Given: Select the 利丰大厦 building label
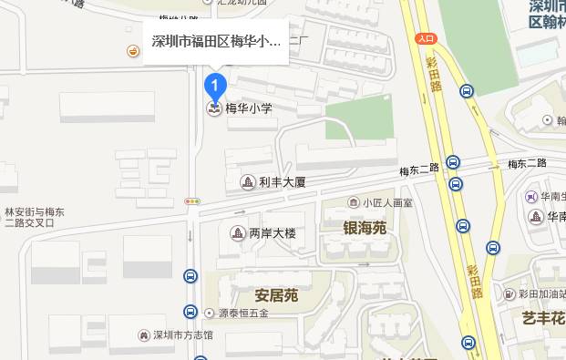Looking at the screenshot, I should pos(282,182).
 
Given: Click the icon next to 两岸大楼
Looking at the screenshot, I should pos(237,233).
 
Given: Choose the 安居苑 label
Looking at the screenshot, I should pos(277,296).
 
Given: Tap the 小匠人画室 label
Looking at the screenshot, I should pos(387,202).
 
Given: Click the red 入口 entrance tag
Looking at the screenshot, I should pos(426,38).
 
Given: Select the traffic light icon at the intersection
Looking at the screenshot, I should pos(191,201).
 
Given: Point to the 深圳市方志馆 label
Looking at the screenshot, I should pos(182,335).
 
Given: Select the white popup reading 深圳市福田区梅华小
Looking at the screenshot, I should pos(216,42).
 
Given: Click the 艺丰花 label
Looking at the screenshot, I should pos(543,318).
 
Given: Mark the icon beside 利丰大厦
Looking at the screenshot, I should pos(247,182).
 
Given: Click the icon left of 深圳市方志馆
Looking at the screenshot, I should pos(143,335).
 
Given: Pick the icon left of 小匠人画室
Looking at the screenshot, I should pos(354,202).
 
